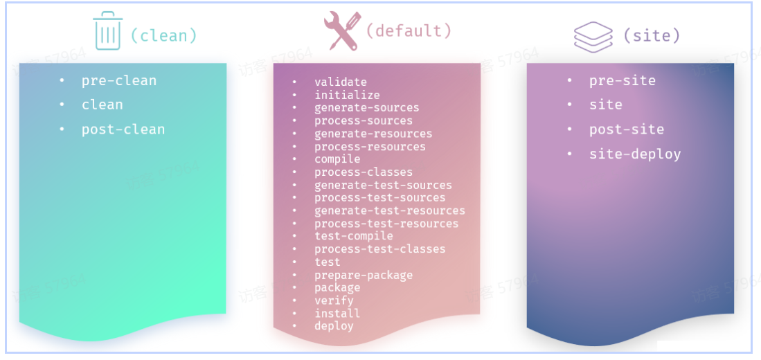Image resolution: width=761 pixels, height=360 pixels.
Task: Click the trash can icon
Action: point(107,32)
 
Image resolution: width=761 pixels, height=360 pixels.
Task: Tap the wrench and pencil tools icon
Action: point(341,31)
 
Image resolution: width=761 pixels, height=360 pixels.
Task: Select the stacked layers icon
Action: point(593,36)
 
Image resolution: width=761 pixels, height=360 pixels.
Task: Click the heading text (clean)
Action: point(163,35)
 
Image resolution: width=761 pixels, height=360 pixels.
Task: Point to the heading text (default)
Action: point(408,30)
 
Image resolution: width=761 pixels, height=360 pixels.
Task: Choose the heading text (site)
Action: point(652,35)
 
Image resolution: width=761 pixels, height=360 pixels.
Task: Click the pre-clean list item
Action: point(119,80)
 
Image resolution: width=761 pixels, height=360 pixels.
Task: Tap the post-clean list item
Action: point(123,129)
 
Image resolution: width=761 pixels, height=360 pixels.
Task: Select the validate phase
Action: point(340,82)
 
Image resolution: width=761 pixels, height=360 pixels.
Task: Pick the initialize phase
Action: point(347,95)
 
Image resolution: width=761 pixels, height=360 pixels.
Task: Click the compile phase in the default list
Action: point(337,159)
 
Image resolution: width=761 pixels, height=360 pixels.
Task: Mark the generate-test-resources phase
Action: point(390,210)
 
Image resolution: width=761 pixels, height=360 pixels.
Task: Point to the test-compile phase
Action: point(353,236)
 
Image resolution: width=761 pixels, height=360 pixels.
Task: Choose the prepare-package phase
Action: point(364,275)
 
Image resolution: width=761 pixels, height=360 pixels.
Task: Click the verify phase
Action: point(334,300)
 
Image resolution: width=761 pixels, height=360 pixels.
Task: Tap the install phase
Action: point(337,313)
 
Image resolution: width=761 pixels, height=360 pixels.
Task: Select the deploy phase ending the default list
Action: point(334,326)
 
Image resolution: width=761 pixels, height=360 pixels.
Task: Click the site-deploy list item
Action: point(635,154)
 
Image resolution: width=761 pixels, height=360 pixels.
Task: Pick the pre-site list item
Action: point(623,80)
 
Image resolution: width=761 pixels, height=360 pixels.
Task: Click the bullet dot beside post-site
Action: point(570,129)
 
